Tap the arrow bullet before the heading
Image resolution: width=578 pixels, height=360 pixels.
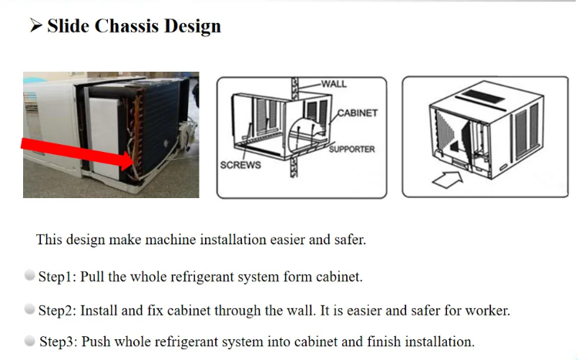tap(35, 26)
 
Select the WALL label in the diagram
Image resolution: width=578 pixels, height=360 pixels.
tap(334, 83)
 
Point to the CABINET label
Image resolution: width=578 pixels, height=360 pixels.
tap(358, 113)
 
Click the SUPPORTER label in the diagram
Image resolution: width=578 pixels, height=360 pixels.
tap(352, 148)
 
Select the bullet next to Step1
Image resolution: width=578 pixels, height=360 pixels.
tap(29, 275)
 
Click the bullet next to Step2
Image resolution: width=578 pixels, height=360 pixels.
tap(29, 309)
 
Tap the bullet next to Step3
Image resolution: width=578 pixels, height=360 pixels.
tap(29, 340)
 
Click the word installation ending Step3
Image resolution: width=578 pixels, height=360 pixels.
tap(439, 341)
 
